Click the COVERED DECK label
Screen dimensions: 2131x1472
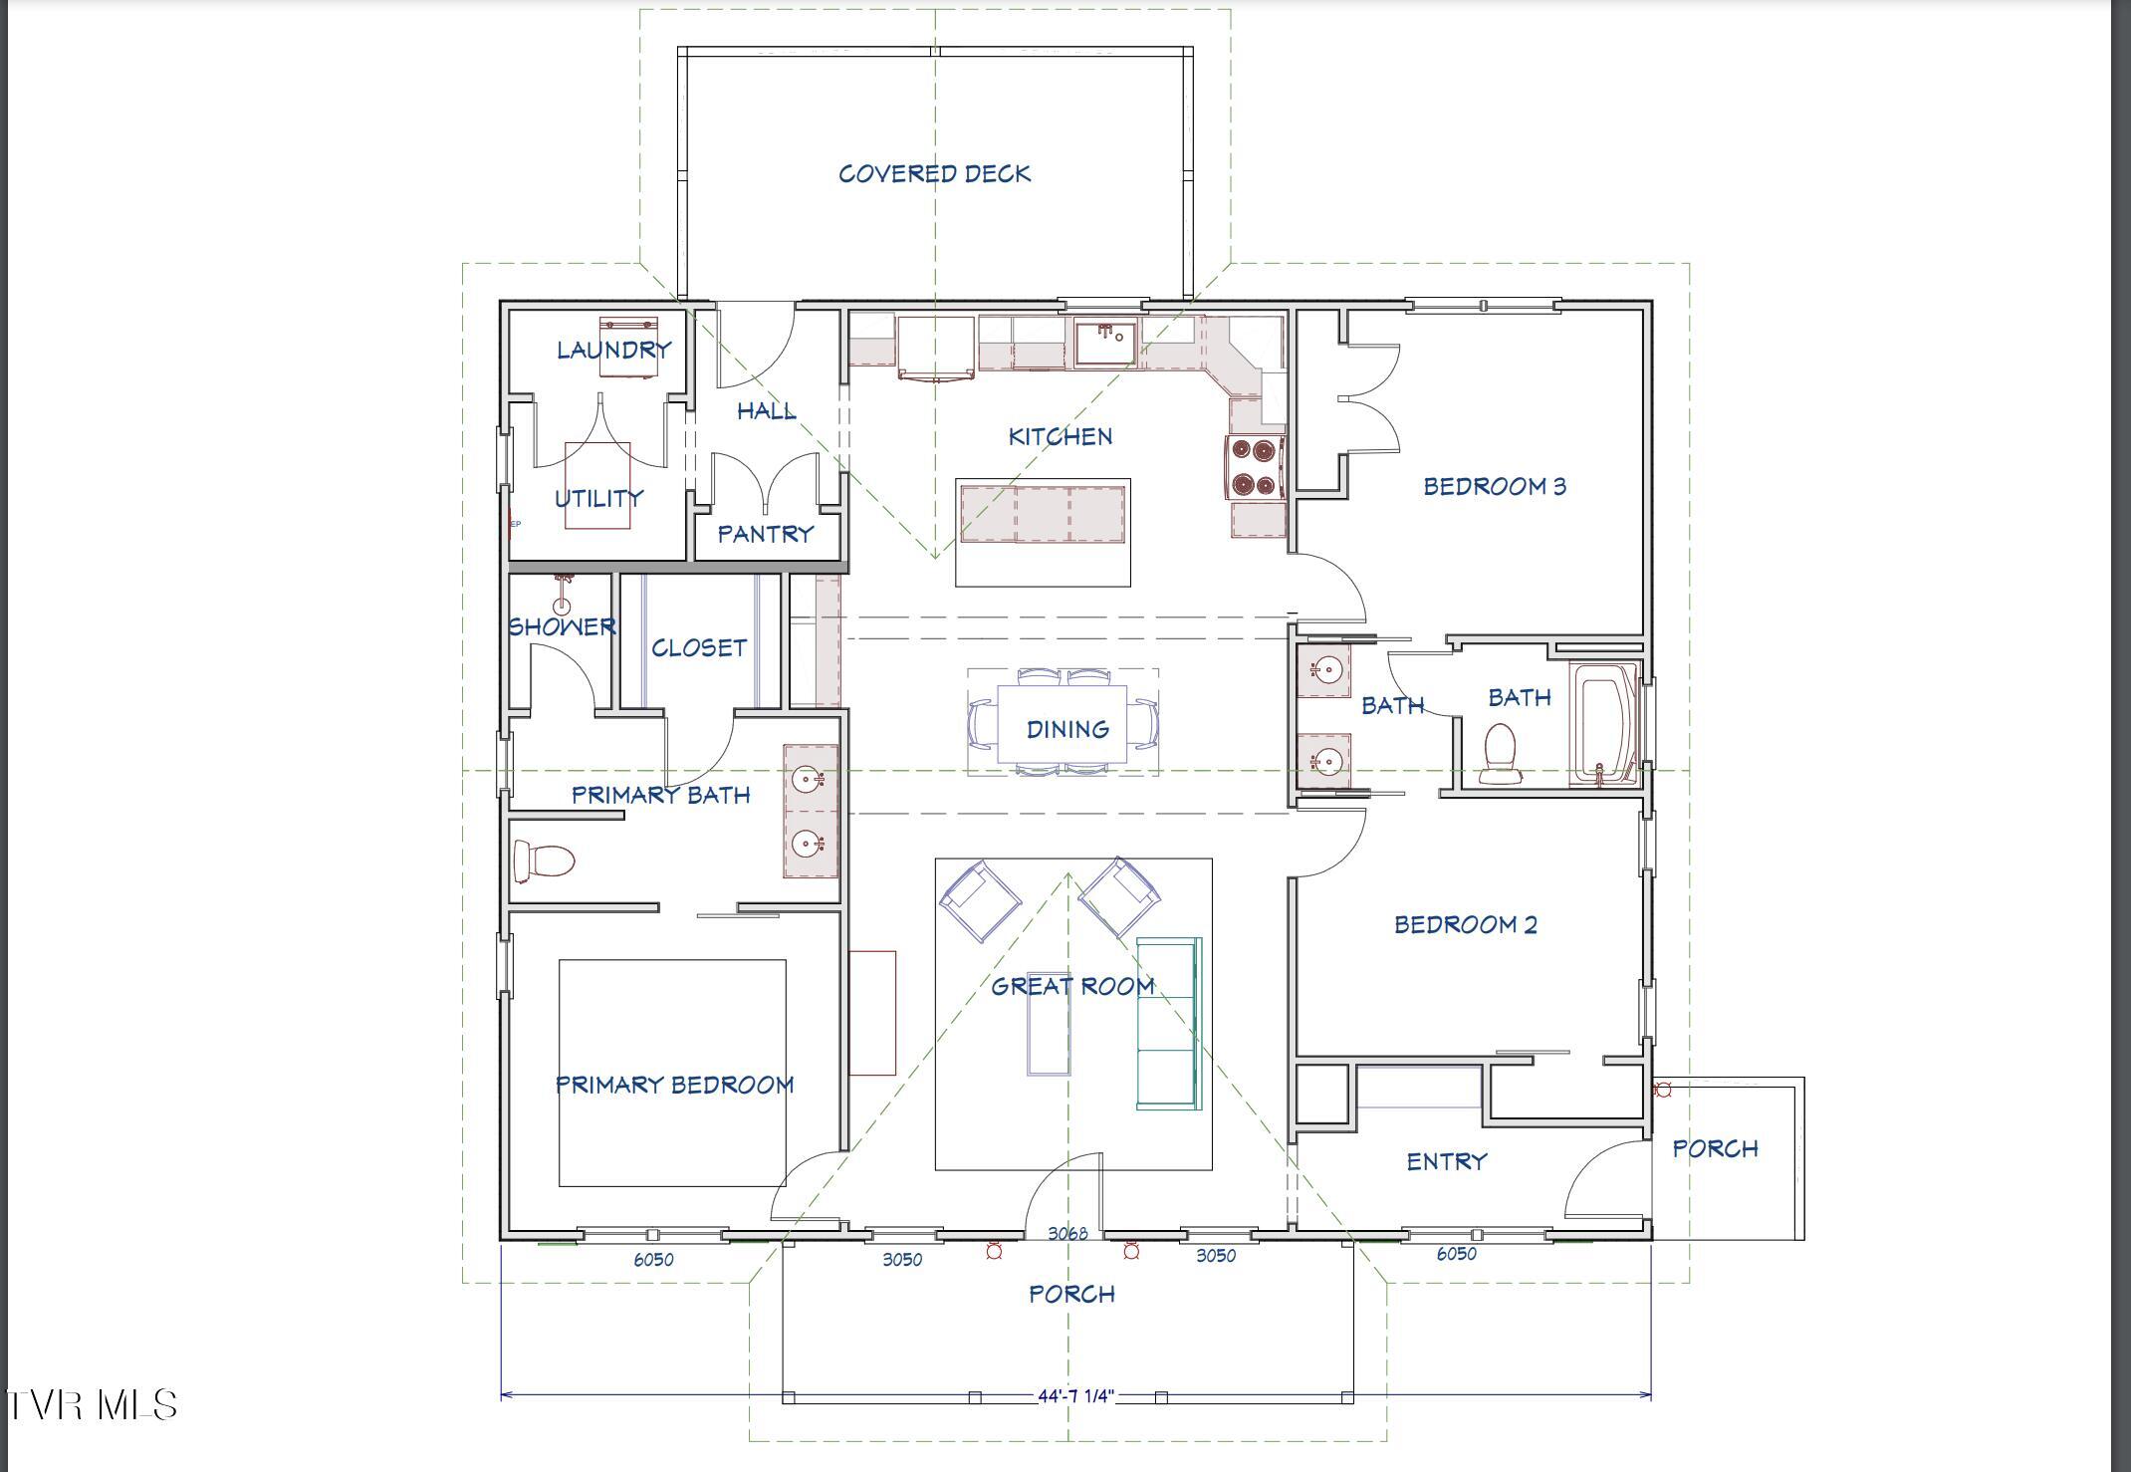point(934,174)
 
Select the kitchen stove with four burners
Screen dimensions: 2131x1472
point(1254,467)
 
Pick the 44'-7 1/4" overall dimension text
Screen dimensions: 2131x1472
point(1075,1395)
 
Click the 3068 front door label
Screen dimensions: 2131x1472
point(1067,1233)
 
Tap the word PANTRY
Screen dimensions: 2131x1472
point(766,534)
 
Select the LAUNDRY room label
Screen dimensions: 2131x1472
point(613,350)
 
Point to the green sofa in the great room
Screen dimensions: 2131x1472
point(1169,1023)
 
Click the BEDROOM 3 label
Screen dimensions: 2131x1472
point(1495,486)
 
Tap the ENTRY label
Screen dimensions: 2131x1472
point(1447,1161)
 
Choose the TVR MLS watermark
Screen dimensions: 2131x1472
point(92,1405)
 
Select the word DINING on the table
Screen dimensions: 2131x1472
point(1067,729)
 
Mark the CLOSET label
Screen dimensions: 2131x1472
point(699,647)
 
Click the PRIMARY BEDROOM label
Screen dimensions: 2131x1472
point(675,1085)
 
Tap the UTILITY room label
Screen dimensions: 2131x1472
point(598,498)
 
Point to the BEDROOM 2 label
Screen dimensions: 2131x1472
point(1466,924)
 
